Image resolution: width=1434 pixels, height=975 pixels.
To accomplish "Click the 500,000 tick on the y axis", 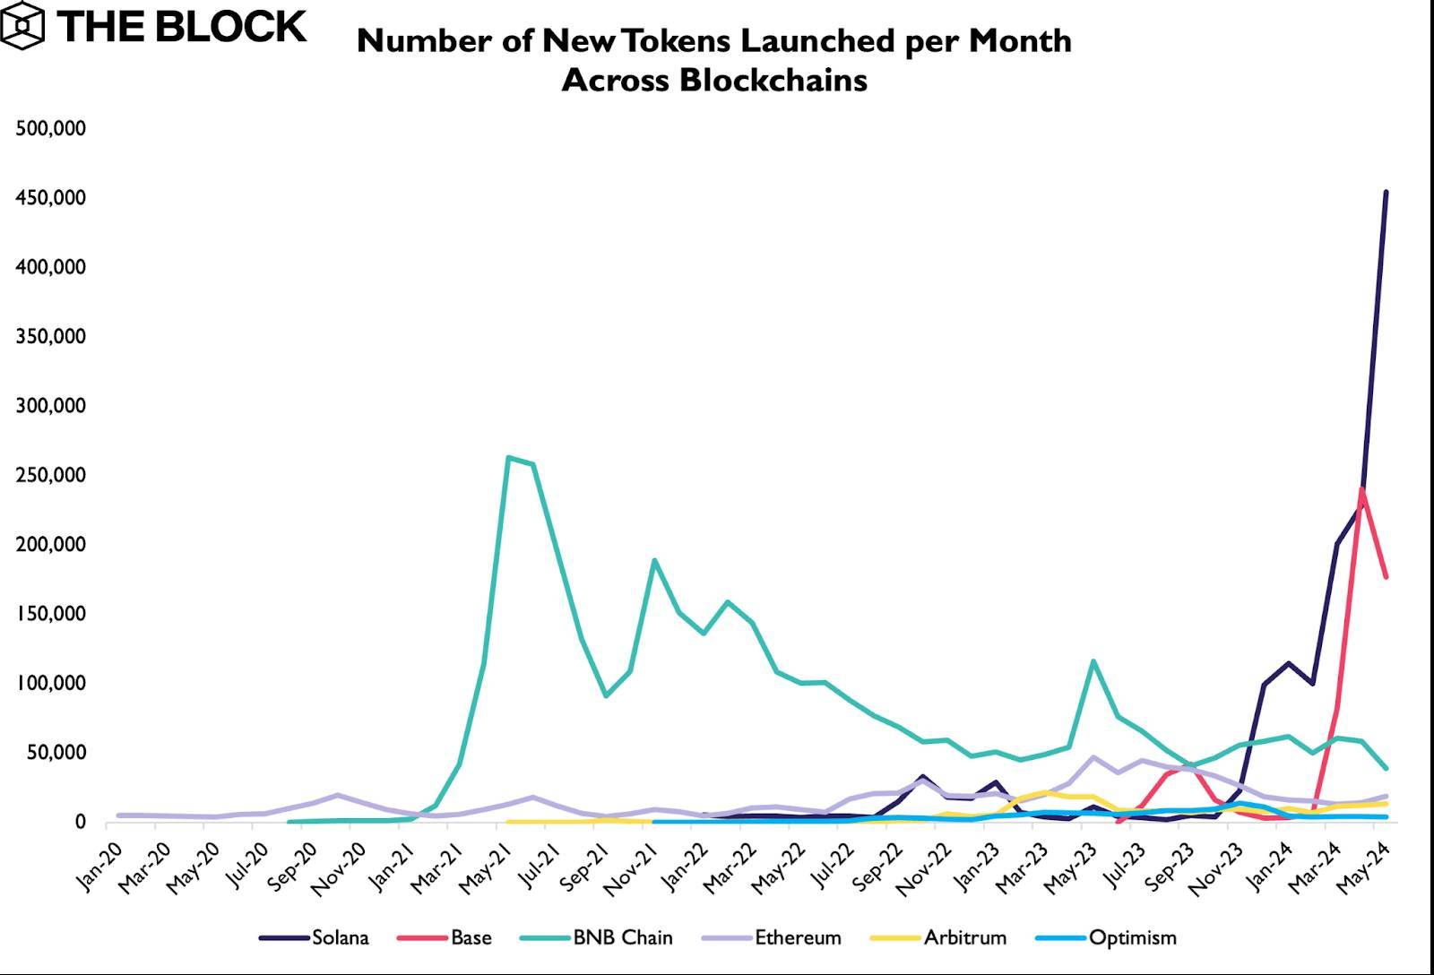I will pos(51,129).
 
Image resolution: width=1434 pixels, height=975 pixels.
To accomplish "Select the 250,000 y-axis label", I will pos(51,475).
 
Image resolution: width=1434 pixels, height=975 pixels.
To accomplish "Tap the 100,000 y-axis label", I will pos(51,683).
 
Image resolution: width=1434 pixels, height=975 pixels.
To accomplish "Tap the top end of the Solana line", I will pos(1386,192).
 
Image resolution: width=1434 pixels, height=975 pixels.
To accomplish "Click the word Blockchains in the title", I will pos(773,81).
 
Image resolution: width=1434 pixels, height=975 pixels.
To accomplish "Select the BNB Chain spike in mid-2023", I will pos(1093,661).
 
